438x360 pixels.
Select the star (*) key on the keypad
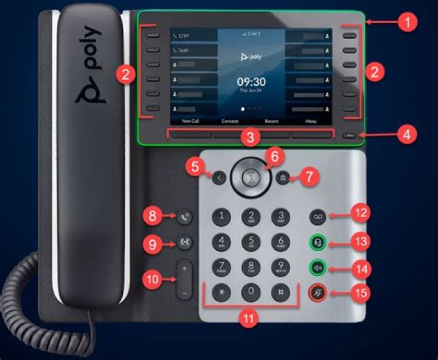(221, 291)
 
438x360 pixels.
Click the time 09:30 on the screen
(251, 81)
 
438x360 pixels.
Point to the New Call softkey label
(190, 122)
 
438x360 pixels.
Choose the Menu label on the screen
(311, 122)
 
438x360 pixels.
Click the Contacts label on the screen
(230, 122)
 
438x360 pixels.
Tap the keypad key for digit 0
(251, 291)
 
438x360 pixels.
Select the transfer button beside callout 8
(186, 215)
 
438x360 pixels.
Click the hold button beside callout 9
(186, 243)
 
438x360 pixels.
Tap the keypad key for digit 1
(221, 215)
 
